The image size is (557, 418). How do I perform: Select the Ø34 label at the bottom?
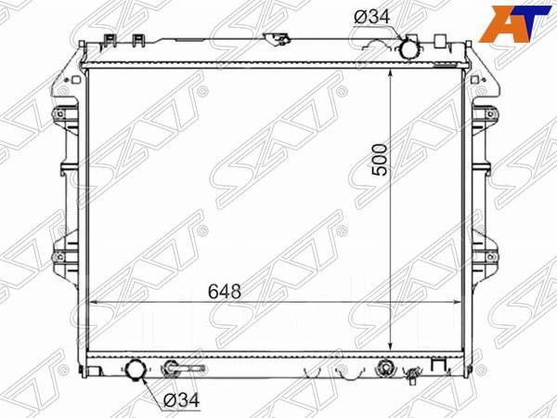(183, 399)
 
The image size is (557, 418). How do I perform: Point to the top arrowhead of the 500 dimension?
(395, 72)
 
